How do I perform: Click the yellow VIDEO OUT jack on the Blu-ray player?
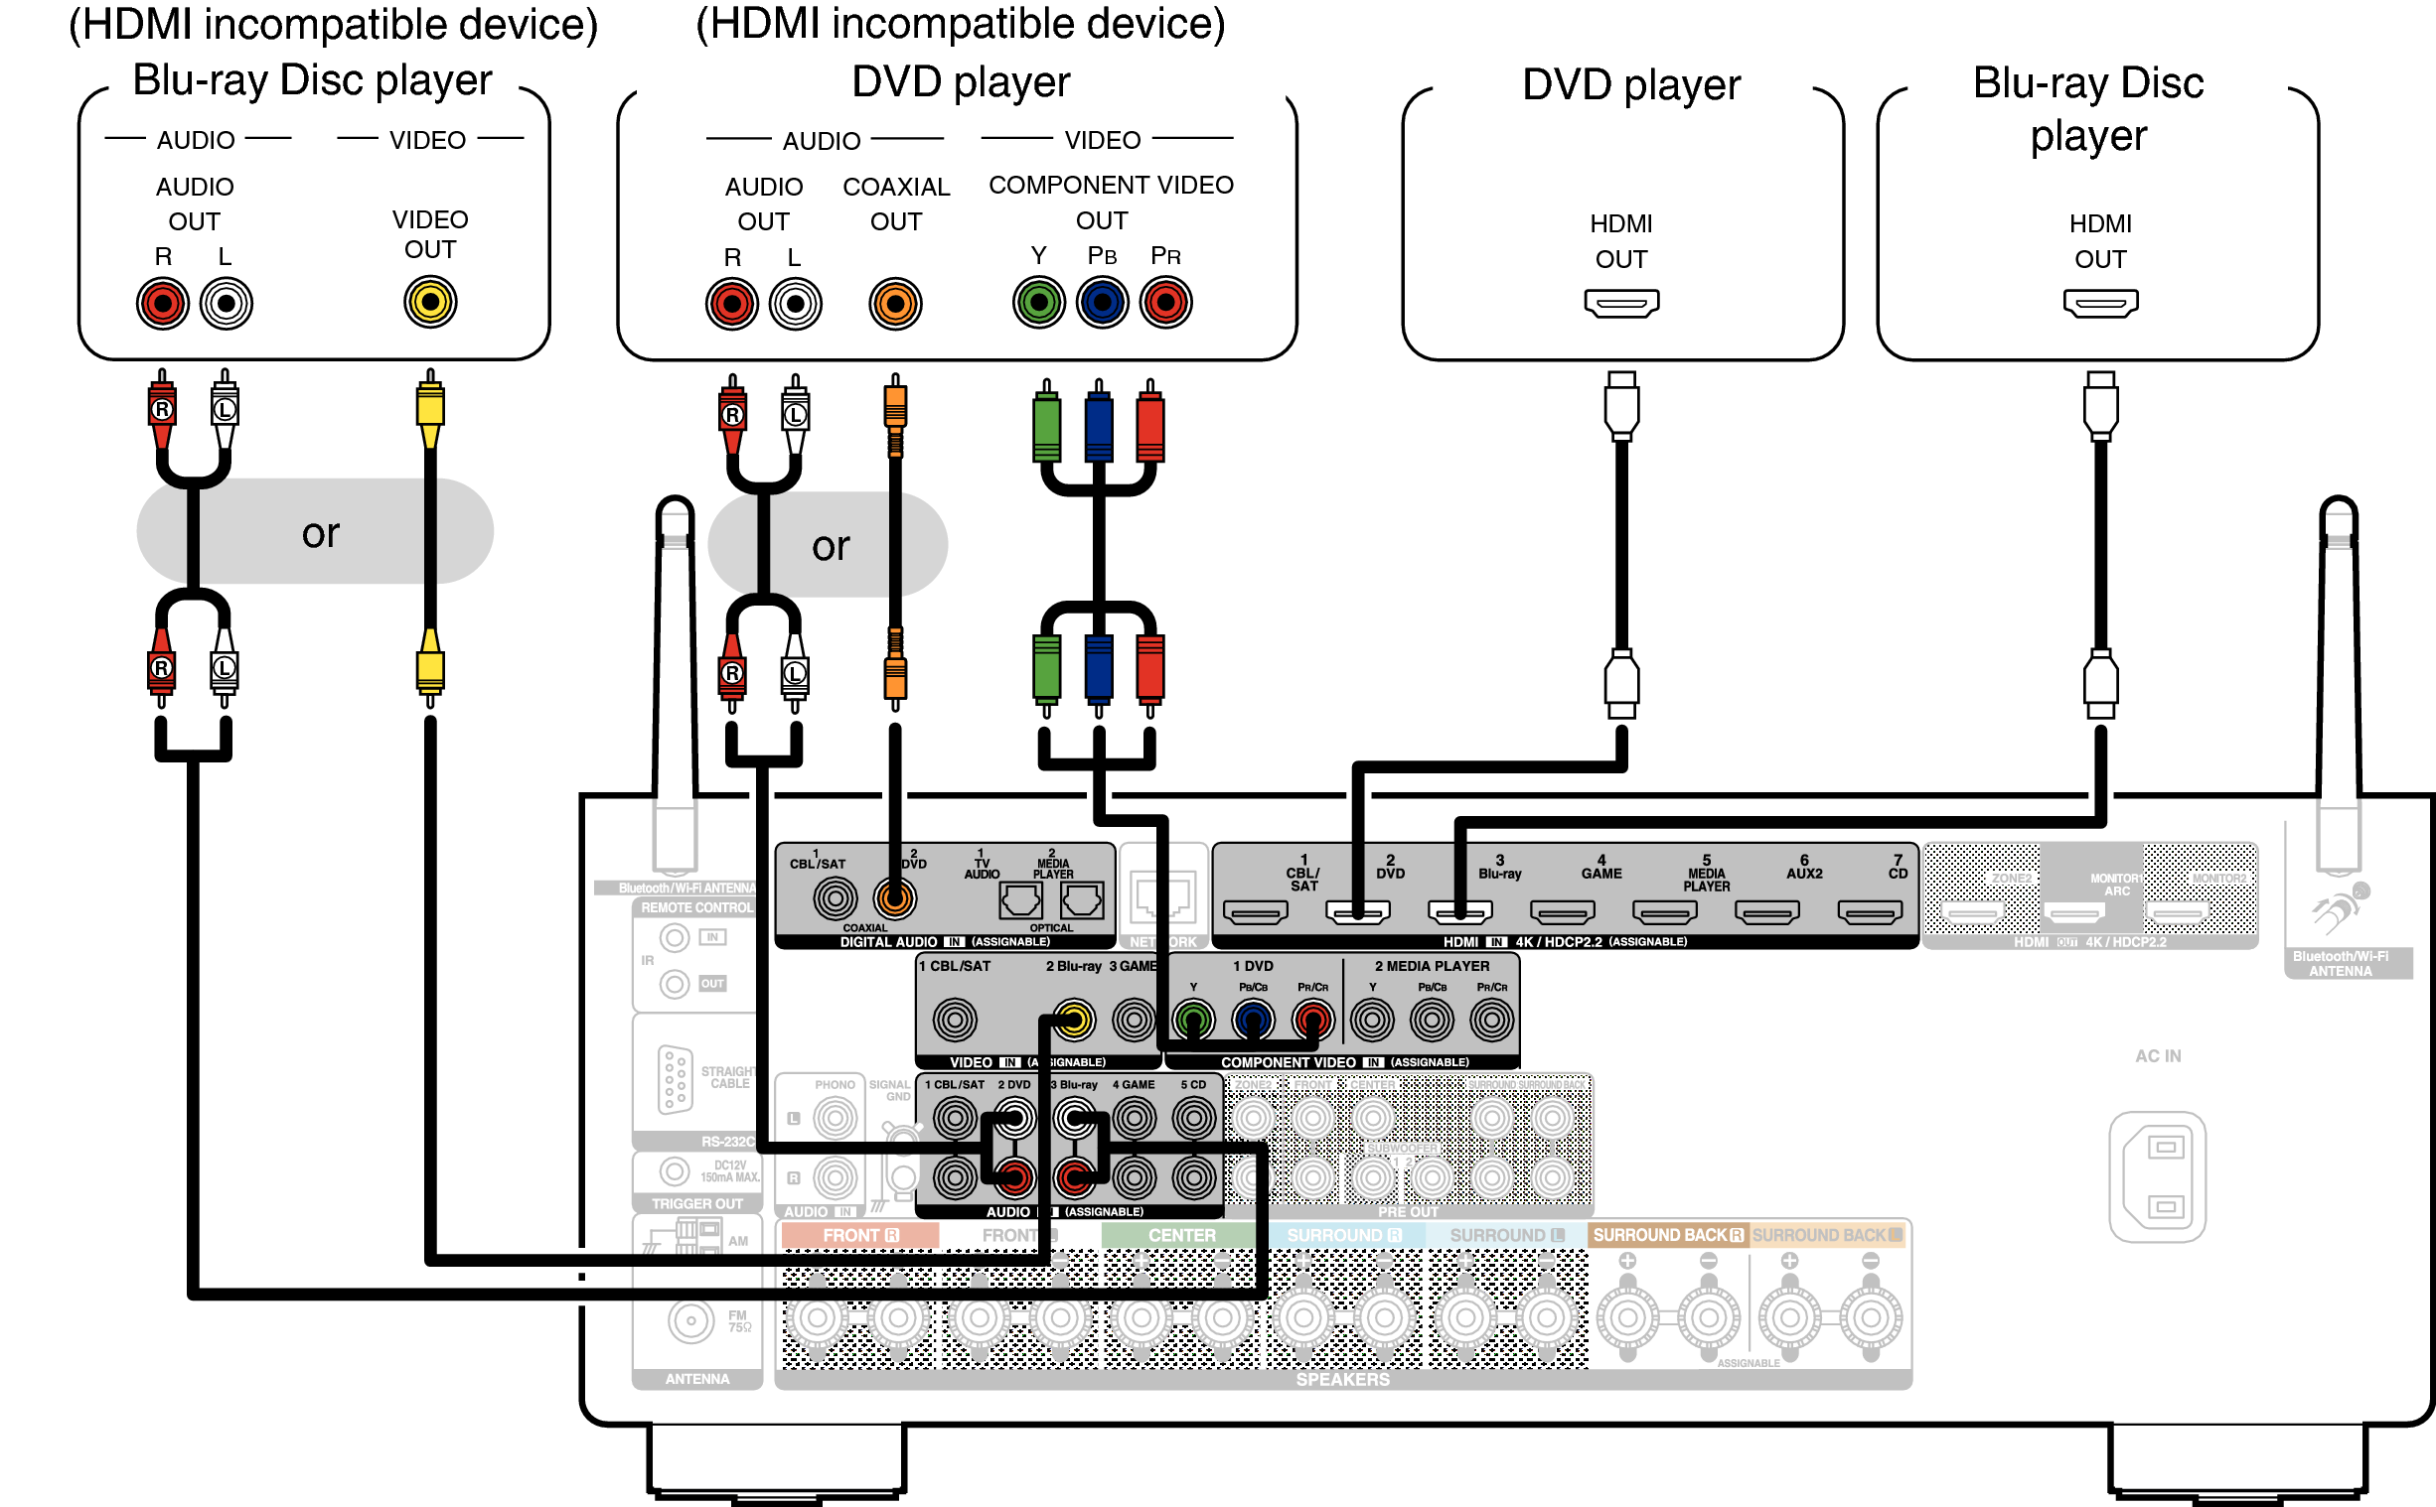point(430,302)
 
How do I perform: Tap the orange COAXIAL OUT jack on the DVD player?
point(894,304)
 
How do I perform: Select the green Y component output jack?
point(1038,302)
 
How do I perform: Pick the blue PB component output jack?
point(1102,302)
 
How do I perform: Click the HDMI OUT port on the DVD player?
point(1621,303)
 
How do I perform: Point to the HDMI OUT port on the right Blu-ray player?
point(2100,303)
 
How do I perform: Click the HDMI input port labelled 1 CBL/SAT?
point(1255,912)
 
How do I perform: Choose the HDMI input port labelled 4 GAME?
point(1562,912)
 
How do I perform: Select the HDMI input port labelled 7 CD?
point(1869,912)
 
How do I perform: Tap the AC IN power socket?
point(2157,1177)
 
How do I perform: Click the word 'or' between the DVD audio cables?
point(831,546)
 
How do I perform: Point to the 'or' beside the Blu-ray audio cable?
point(320,533)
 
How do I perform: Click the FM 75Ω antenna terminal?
point(690,1321)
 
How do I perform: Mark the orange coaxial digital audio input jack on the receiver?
point(894,899)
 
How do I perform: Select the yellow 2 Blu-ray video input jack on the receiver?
point(1073,1020)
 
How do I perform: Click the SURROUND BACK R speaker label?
point(1667,1235)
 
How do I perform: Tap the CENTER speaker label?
point(1180,1235)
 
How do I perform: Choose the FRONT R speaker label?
point(859,1235)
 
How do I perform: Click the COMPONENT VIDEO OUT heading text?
point(1110,202)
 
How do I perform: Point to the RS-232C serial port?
point(675,1078)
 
